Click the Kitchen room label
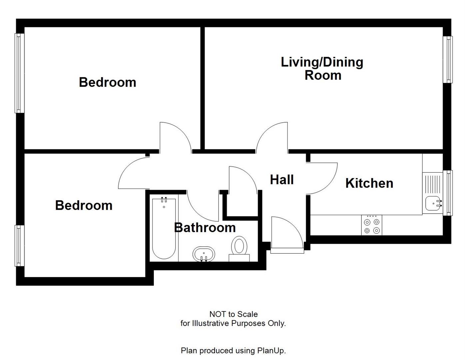(x=369, y=183)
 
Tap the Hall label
(x=282, y=180)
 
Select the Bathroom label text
(x=205, y=228)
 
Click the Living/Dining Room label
(x=322, y=69)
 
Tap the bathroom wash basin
(x=204, y=254)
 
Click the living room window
(x=448, y=59)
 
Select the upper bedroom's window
(x=19, y=73)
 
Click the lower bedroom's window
(x=19, y=246)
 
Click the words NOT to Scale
(x=233, y=314)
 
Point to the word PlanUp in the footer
(x=271, y=351)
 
